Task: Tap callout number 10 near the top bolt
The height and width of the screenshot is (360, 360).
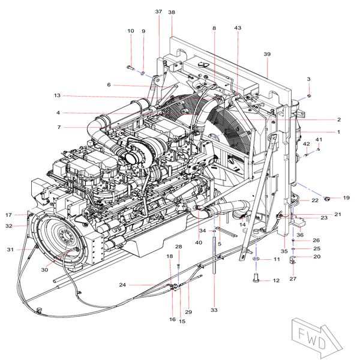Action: tap(130, 31)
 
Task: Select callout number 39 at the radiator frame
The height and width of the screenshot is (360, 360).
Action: tap(267, 54)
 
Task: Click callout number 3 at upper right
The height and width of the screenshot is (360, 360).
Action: tap(309, 79)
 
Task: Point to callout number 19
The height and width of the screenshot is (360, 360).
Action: tap(346, 197)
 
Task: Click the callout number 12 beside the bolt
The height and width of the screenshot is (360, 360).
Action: tap(276, 280)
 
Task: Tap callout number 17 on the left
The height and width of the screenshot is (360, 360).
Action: tap(9, 215)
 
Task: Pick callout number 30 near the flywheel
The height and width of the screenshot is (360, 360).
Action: tap(44, 269)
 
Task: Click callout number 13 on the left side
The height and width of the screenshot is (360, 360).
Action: tap(58, 95)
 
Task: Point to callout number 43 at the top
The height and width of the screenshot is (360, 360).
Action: tap(238, 28)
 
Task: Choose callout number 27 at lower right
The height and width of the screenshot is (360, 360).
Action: tap(293, 278)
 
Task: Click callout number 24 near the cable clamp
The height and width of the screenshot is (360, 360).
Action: tap(122, 284)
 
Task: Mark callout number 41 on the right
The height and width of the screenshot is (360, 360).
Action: tap(319, 140)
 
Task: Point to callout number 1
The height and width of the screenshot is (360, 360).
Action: tap(338, 132)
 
